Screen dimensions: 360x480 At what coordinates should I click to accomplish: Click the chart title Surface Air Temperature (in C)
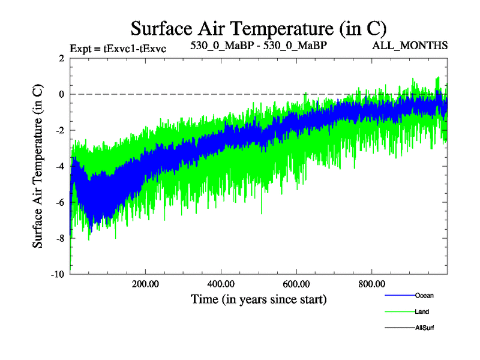point(258,28)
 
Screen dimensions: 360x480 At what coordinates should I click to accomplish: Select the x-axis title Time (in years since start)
point(259,299)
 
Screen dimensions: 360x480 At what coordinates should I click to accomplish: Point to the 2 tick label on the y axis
point(62,58)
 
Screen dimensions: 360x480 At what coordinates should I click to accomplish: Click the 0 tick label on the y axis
point(62,94)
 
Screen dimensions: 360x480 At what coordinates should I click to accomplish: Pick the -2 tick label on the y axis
point(59,130)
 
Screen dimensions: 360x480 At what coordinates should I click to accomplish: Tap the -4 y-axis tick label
point(59,166)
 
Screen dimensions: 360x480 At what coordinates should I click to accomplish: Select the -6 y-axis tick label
point(59,202)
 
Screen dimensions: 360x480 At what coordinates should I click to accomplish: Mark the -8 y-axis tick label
point(59,238)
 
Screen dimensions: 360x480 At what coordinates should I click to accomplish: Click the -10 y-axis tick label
point(57,274)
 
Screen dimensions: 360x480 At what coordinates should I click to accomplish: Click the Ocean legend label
point(424,295)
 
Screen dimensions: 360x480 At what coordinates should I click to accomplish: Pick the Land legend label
point(422,311)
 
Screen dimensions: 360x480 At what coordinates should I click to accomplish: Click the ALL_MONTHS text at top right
point(410,45)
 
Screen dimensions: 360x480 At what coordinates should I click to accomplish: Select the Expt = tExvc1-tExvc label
point(118,48)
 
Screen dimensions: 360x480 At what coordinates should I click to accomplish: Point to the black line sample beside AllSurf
point(400,328)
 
